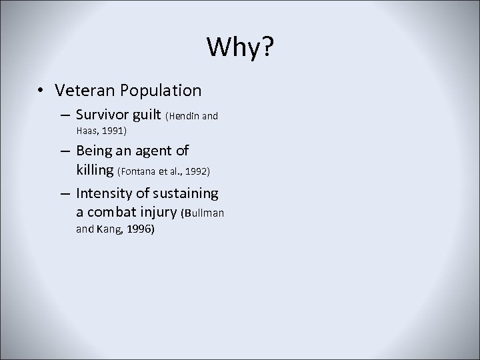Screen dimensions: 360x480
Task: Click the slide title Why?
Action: (x=239, y=47)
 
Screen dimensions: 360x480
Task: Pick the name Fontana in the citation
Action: (x=138, y=172)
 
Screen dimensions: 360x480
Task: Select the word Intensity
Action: (x=103, y=193)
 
